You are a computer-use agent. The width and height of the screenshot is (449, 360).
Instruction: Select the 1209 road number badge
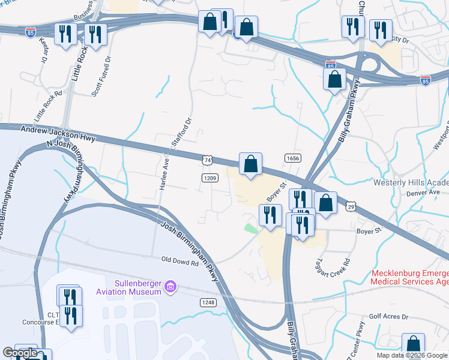pyautogui.click(x=209, y=178)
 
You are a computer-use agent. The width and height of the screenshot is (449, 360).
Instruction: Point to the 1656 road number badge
pyautogui.click(x=293, y=158)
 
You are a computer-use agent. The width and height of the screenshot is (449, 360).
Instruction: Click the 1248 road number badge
pyautogui.click(x=208, y=302)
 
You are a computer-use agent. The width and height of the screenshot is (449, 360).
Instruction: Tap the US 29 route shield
pyautogui.click(x=350, y=206)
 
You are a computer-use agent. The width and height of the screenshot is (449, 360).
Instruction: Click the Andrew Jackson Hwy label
pyautogui.click(x=58, y=133)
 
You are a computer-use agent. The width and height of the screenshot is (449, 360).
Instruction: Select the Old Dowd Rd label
pyautogui.click(x=179, y=262)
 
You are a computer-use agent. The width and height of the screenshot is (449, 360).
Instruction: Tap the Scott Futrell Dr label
pyautogui.click(x=101, y=76)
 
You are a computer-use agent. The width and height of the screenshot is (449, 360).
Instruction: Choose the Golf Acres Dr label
pyautogui.click(x=388, y=316)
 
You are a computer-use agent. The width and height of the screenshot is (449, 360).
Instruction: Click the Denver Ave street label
pyautogui.click(x=423, y=192)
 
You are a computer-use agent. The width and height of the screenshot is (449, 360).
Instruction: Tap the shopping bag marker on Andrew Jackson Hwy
pyautogui.click(x=250, y=164)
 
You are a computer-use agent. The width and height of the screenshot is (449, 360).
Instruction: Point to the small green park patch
pyautogui.click(x=250, y=229)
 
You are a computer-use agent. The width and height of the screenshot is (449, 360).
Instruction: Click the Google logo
pyautogui.click(x=20, y=353)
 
